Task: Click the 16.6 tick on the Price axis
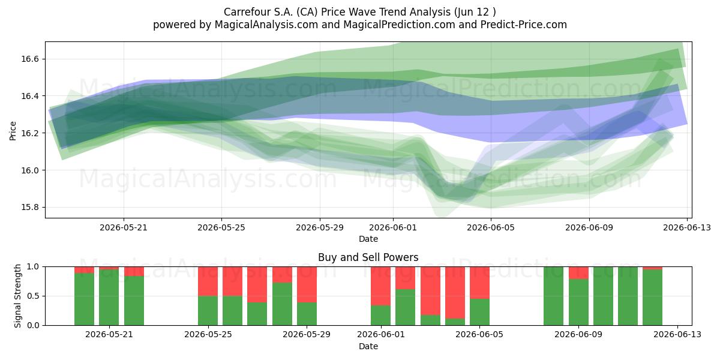point(30,59)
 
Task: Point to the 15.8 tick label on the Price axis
point(30,208)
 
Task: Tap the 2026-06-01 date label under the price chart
point(393,228)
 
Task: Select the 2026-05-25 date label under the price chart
point(221,228)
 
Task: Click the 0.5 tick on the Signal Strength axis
point(33,296)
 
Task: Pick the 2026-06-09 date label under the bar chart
point(578,335)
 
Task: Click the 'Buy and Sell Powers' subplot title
point(368,257)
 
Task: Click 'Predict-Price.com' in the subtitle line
point(524,25)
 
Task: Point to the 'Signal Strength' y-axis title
point(17,296)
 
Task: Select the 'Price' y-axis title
point(13,131)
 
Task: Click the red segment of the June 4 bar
point(455,293)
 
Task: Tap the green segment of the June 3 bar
point(430,320)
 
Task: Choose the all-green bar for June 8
point(553,296)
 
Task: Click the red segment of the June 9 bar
point(578,273)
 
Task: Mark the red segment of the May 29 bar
point(307,284)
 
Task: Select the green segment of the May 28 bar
point(282,304)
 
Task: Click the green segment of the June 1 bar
point(380,316)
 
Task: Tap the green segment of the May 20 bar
point(84,299)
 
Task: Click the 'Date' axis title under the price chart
point(368,239)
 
